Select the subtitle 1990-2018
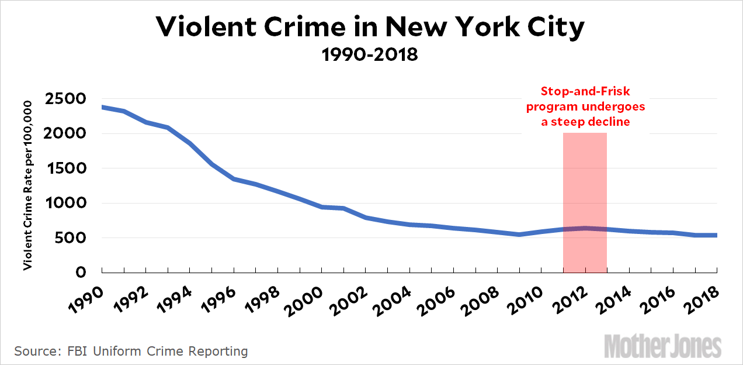click(x=371, y=56)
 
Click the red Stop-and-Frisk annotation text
click(x=585, y=106)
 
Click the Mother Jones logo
click(x=662, y=346)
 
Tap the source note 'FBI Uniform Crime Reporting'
click(x=131, y=352)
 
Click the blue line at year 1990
click(x=103, y=107)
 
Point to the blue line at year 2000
click(x=322, y=207)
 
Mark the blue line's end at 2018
click(x=716, y=235)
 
